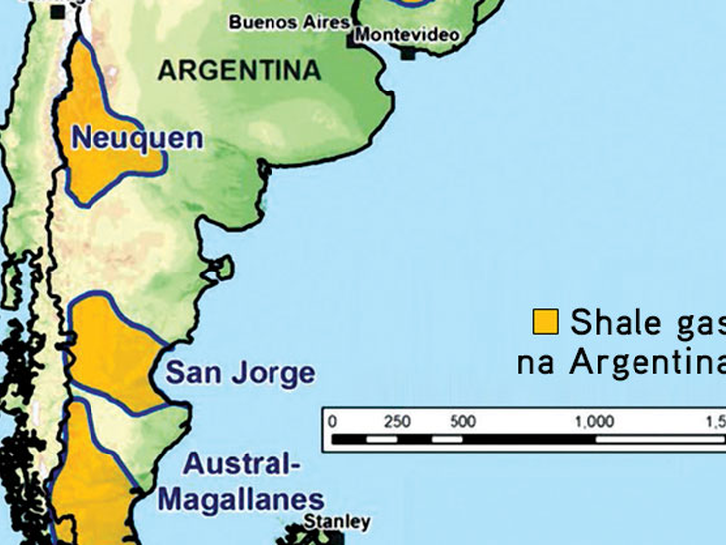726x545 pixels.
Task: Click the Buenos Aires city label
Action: (x=289, y=21)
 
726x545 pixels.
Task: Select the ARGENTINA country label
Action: (x=240, y=70)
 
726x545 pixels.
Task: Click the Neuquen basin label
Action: (x=135, y=137)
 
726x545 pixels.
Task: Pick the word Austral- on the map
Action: (x=245, y=464)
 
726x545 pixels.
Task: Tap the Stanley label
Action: (x=324, y=522)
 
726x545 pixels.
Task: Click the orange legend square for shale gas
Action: (x=545, y=322)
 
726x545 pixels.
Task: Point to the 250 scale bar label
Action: (x=397, y=421)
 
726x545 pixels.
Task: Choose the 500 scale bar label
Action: (x=462, y=421)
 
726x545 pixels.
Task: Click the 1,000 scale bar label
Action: (x=594, y=421)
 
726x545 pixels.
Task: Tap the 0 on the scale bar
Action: (x=333, y=421)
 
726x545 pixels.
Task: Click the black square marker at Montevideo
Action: (x=408, y=53)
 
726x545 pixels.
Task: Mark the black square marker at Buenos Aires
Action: (x=354, y=39)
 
